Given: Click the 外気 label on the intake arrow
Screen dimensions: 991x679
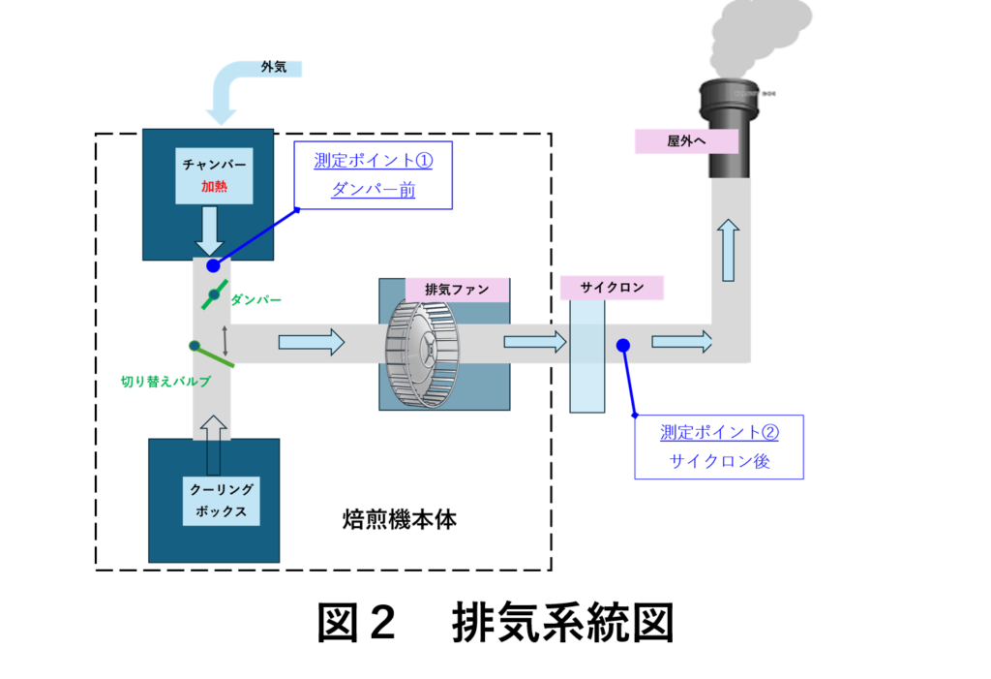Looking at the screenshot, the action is (274, 67).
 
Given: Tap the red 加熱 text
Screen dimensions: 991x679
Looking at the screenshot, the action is (214, 186).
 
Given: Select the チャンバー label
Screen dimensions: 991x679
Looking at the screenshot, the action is (214, 165).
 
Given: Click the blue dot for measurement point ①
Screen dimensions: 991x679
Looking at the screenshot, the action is (213, 265).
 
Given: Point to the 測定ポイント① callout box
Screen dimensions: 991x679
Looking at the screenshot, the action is (373, 175).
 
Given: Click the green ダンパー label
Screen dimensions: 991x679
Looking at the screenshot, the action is (255, 299).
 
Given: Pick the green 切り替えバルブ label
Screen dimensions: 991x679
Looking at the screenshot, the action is (165, 381).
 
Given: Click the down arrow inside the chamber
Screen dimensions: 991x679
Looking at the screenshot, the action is (209, 231).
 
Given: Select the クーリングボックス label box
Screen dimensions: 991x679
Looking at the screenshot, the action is (222, 501).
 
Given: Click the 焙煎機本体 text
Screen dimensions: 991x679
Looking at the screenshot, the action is (400, 519).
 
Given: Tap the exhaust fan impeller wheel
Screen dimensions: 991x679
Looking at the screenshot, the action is (422, 352).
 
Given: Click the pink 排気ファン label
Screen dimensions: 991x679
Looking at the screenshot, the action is (457, 290).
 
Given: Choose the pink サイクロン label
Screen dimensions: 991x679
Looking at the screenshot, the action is (612, 288).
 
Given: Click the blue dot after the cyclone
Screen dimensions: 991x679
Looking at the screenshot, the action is (623, 345).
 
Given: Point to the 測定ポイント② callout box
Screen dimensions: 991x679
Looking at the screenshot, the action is (719, 447).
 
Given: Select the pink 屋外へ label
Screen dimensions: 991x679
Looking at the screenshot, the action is (686, 141).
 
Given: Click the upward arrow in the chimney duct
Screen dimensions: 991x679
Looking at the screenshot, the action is (728, 250).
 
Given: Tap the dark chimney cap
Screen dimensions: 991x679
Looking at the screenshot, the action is (729, 129).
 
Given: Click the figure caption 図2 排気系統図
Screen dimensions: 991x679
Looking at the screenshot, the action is (495, 623).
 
